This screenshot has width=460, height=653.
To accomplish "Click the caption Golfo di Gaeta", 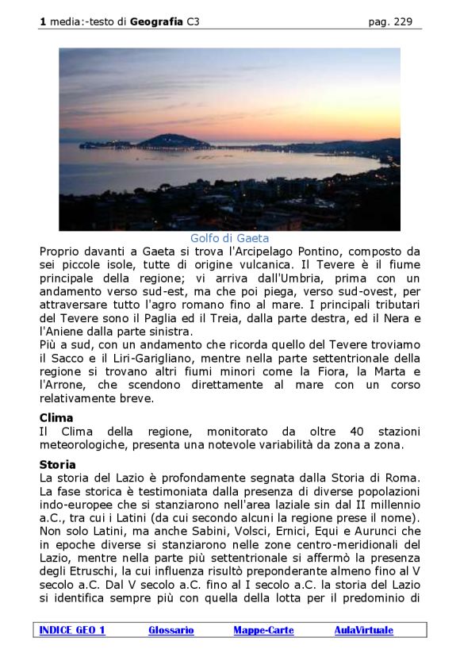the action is pos(229,238).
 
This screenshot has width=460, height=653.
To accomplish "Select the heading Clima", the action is pos(56,417).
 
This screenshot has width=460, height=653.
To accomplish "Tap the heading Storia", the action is pos(58,464).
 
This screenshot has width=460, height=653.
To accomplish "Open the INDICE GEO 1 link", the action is pos(72,630).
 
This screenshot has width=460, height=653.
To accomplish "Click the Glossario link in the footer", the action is pos(171,630).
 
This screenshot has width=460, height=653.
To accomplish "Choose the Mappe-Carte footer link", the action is pos(263,630).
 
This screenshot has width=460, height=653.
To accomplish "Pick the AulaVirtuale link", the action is pos(363,630).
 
